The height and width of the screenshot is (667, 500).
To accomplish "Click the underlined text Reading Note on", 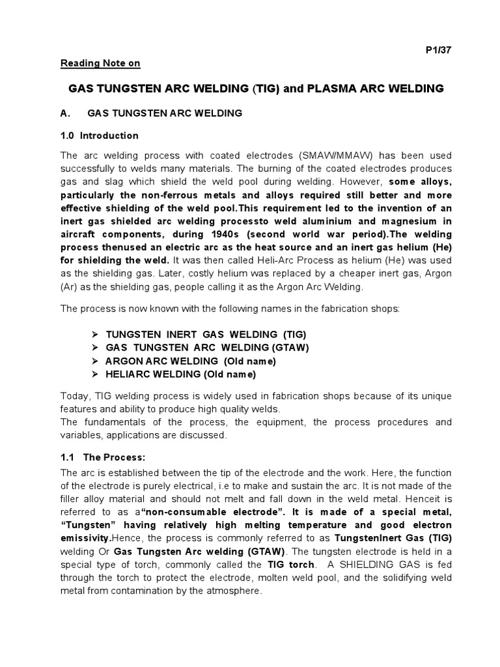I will click(100, 63).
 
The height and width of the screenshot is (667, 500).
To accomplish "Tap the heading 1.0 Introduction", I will click(100, 135).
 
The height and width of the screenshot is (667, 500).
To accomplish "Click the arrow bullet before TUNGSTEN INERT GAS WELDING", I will click(95, 334).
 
